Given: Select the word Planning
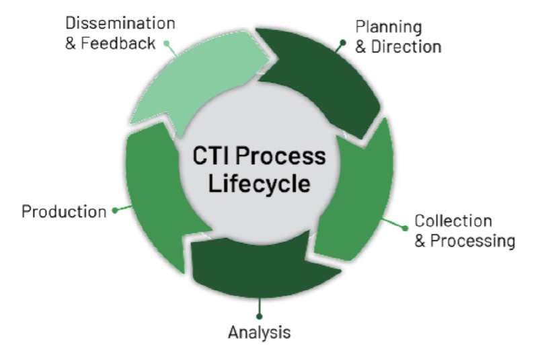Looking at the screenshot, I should (388, 27).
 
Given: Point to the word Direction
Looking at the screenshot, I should (406, 46).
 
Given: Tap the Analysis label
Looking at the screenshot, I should (259, 332).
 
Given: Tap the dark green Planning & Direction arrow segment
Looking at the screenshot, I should (323, 81).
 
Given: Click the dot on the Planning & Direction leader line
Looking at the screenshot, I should (342, 42).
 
